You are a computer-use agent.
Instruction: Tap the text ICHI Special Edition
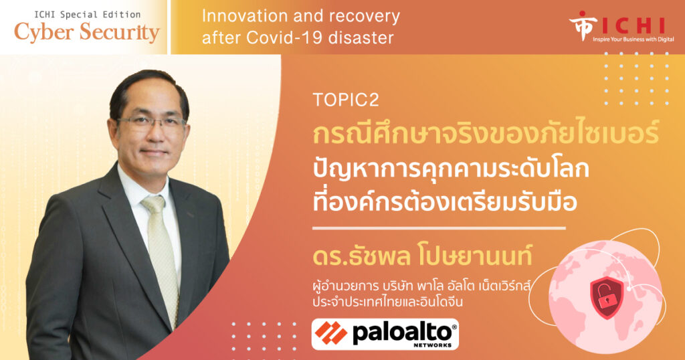pos(88,15)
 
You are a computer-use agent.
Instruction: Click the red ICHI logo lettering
pos(633,26)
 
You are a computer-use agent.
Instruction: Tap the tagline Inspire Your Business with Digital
pos(633,39)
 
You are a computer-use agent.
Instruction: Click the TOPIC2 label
pos(346,100)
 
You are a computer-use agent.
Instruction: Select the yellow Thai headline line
pos(486,133)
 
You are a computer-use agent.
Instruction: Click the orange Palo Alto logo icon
pos(331,333)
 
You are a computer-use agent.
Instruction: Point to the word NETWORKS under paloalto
pos(433,345)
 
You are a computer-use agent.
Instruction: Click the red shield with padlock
pos(607,291)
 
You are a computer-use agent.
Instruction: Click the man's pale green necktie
pos(161,254)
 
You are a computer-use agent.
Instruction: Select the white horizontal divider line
pos(439,228)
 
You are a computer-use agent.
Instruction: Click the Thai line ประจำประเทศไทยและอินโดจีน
pos(387,302)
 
